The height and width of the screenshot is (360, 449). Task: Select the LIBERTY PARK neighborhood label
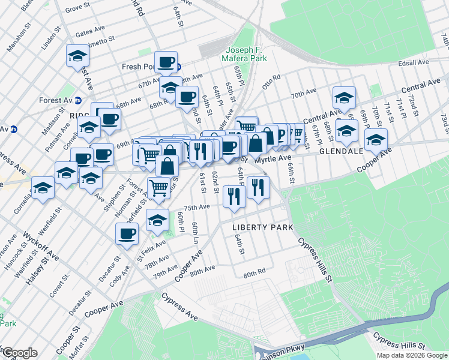(x=263, y=227)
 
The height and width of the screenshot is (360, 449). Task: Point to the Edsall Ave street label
(x=414, y=62)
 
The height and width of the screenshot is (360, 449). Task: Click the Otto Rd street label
(x=271, y=80)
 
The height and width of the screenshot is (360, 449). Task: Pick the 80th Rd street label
(x=254, y=274)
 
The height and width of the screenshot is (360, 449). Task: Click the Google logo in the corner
(x=19, y=353)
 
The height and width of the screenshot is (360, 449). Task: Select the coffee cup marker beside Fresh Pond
(x=165, y=61)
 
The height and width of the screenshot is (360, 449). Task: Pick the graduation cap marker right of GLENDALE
(x=376, y=140)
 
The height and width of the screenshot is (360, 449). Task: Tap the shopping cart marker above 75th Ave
(x=158, y=188)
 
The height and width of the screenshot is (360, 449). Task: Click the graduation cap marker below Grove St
(x=77, y=56)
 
